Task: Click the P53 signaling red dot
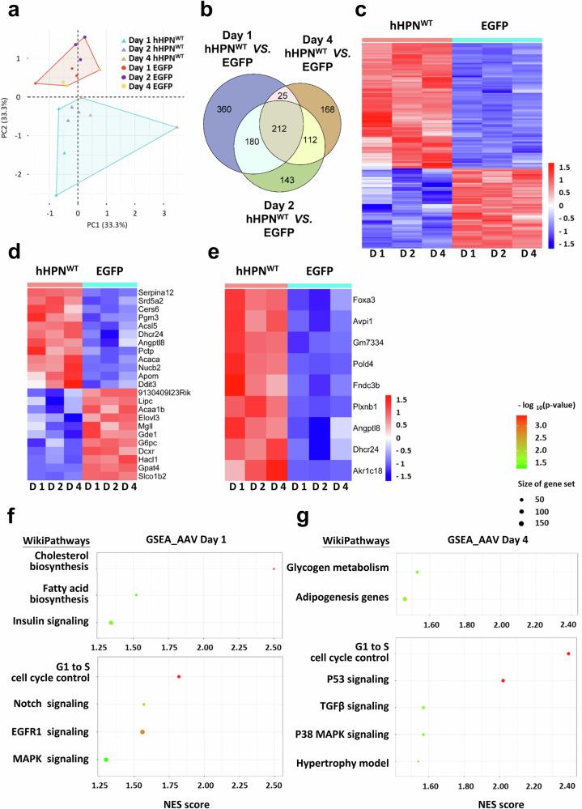point(503,680)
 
